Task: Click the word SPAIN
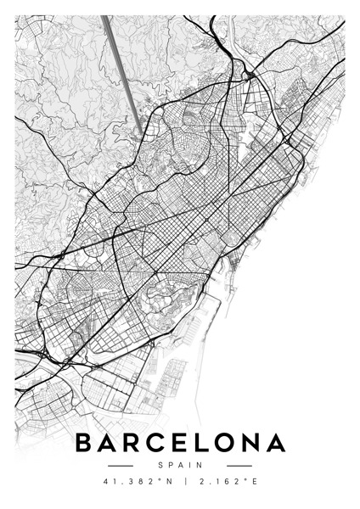tap(180, 465)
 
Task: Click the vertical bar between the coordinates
tap(180, 483)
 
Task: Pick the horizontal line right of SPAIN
tap(239, 465)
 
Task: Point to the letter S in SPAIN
tap(160, 465)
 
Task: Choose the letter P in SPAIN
tap(171, 465)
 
